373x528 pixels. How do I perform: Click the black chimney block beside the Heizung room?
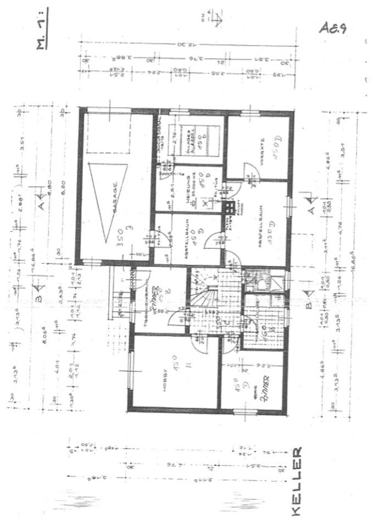227,207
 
